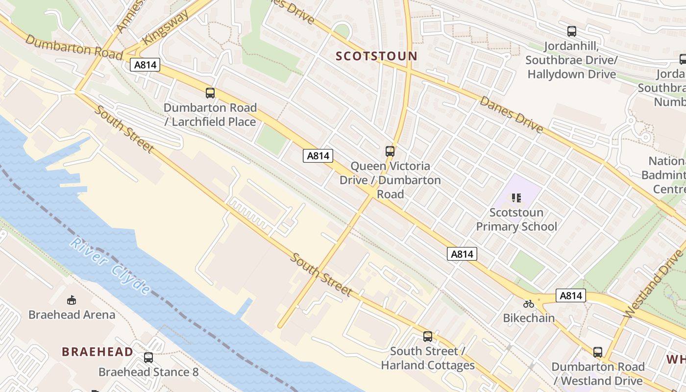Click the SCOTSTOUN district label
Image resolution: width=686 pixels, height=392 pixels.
[376, 56]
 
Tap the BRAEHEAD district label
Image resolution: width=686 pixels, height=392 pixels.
[97, 351]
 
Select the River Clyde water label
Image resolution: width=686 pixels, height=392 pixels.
[110, 266]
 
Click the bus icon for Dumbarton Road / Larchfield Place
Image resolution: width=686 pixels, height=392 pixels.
[210, 93]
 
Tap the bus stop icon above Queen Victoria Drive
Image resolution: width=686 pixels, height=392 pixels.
[390, 151]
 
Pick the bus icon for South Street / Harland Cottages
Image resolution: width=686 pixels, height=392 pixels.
[428, 336]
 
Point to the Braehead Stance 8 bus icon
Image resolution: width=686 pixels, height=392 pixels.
[148, 358]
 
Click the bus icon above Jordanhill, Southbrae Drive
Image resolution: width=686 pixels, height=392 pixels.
[571, 31]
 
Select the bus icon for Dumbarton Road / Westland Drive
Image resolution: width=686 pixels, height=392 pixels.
[597, 352]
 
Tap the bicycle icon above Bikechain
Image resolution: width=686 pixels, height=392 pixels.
[529, 304]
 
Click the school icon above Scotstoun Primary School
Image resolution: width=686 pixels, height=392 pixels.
[516, 198]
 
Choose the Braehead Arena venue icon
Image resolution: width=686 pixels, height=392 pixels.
[72, 300]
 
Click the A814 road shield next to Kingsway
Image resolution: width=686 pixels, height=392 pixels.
[145, 64]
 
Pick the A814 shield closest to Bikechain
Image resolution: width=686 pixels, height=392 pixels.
[571, 295]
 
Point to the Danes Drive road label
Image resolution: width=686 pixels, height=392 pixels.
[512, 115]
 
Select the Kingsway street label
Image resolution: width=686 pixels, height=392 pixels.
[166, 27]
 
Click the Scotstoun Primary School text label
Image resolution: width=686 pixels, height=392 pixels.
[516, 220]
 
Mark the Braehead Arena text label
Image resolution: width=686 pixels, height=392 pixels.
[72, 315]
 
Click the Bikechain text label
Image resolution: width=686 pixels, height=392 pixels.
[529, 318]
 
